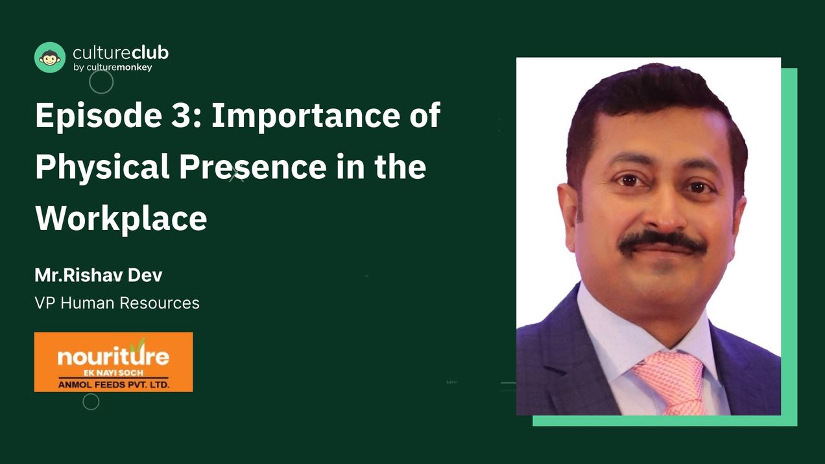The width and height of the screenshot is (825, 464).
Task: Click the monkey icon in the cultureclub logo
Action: click(x=50, y=58)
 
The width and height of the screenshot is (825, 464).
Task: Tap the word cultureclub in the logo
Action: click(x=121, y=53)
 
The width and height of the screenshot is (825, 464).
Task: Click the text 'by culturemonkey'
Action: click(x=113, y=67)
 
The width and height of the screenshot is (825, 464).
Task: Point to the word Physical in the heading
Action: click(x=102, y=167)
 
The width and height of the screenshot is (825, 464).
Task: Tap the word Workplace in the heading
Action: click(x=121, y=218)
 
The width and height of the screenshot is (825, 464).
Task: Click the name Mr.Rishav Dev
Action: click(x=99, y=275)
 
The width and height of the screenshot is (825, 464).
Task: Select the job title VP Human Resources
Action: click(x=117, y=303)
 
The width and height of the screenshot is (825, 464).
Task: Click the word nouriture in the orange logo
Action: click(x=113, y=356)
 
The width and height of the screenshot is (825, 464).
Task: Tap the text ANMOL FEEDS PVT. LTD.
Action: click(x=114, y=384)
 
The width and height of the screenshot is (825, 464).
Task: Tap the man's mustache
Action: click(x=662, y=242)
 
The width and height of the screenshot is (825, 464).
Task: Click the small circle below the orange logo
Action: click(x=91, y=402)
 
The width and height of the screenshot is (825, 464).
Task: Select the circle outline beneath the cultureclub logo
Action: click(x=101, y=82)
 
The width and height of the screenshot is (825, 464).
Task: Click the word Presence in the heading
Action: click(x=253, y=167)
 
